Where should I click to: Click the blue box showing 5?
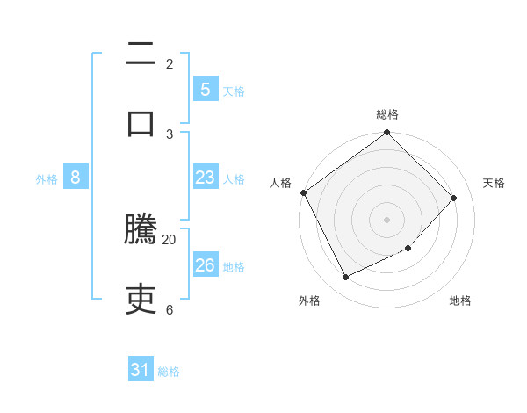click(x=205, y=89)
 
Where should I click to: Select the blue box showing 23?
click(x=205, y=178)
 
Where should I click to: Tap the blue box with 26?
click(x=205, y=265)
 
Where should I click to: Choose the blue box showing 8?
click(x=76, y=178)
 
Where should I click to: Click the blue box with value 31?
click(x=141, y=370)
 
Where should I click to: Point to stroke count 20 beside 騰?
click(x=170, y=239)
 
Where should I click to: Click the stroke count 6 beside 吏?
click(x=169, y=309)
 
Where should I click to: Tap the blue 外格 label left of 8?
click(x=47, y=178)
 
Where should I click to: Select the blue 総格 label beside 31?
click(x=169, y=372)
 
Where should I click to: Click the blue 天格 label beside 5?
click(x=234, y=91)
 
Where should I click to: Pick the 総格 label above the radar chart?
click(x=387, y=114)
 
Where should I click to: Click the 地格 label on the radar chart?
click(x=460, y=301)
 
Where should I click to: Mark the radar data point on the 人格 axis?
click(x=304, y=192)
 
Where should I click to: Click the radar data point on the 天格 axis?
click(x=454, y=198)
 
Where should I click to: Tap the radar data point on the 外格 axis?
click(x=345, y=278)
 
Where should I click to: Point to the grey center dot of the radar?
click(x=387, y=220)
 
